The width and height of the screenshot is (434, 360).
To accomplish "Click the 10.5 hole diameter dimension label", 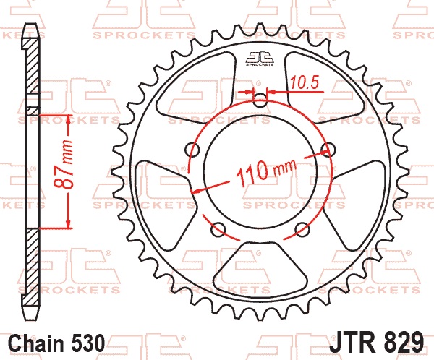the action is point(305,82).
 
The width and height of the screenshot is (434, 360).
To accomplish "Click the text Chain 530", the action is point(56,343).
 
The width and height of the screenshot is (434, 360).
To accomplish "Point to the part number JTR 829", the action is point(376,342).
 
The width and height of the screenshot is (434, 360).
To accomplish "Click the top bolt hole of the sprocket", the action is point(260,100).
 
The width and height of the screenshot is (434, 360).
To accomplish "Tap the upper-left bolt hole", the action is point(192,150).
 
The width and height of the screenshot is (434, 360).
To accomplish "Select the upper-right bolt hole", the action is point(328,150).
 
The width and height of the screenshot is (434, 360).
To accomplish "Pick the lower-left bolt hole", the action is point(218,229).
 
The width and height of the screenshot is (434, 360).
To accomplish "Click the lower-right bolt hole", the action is point(302,229).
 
